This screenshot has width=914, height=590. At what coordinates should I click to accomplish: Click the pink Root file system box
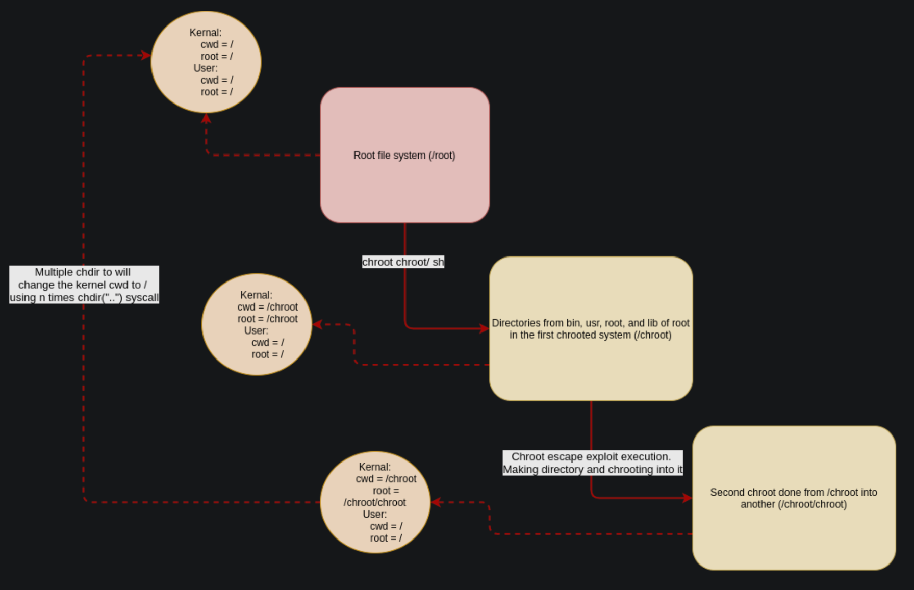[x=405, y=155]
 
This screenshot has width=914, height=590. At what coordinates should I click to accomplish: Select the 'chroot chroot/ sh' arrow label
[x=403, y=262]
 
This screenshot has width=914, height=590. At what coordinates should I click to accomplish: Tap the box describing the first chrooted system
[x=591, y=329]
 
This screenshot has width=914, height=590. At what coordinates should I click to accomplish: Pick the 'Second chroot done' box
[x=794, y=498]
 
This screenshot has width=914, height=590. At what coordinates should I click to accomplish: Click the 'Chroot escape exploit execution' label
[x=593, y=463]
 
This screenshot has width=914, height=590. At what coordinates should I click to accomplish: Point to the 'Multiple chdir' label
[x=84, y=285]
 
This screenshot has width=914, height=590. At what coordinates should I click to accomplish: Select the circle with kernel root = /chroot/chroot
[x=375, y=502]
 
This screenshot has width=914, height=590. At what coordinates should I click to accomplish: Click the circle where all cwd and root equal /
[x=206, y=62]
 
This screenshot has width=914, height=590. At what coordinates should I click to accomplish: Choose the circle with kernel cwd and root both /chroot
[x=257, y=324]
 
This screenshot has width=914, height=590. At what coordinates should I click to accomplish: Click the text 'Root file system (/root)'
[x=404, y=156]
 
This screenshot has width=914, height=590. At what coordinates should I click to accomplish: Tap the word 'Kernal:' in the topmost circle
[x=206, y=33]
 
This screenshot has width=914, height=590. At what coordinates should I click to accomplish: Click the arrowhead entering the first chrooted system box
[x=484, y=328]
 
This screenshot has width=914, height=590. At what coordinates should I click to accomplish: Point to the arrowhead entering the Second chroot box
[x=687, y=498]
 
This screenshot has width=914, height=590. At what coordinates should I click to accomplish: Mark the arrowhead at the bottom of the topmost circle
[x=206, y=118]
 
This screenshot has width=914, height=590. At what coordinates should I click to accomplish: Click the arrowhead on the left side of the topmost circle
[x=146, y=55]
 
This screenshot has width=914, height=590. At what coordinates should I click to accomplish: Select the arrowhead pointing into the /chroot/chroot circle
[x=436, y=502]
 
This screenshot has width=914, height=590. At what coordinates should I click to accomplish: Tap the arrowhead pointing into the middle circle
[x=317, y=324]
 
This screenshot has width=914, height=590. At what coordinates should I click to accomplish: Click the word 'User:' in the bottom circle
[x=375, y=515]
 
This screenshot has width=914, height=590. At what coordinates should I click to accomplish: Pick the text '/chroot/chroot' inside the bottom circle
[x=375, y=503]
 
